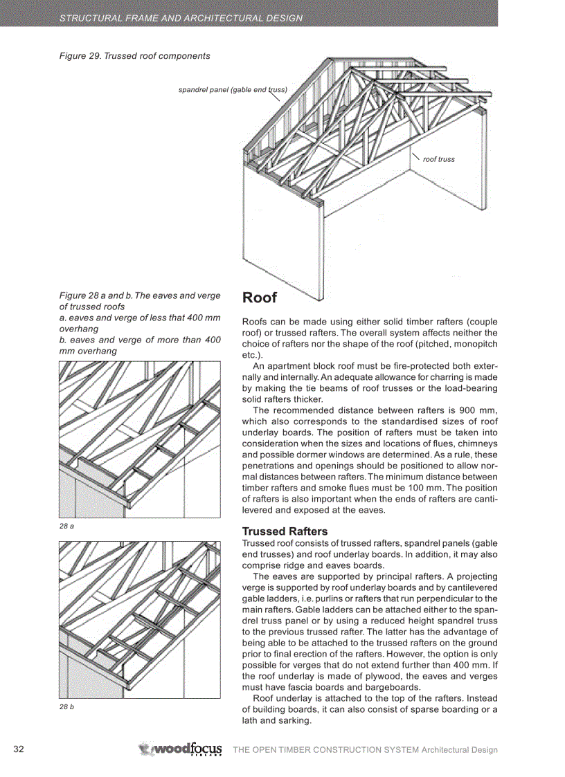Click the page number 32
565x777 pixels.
coord(19,749)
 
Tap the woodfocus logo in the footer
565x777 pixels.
coord(181,749)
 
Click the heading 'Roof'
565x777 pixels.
coord(259,298)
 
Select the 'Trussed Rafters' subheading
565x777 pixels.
coord(285,531)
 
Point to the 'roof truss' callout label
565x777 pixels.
coord(439,159)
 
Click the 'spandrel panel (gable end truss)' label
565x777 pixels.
coord(232,90)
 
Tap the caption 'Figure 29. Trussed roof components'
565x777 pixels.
coord(134,56)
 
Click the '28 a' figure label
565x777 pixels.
coord(66,527)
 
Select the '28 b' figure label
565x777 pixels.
coord(66,706)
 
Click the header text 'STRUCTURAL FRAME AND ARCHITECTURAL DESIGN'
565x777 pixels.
coord(181,18)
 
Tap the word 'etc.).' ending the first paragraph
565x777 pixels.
coord(253,354)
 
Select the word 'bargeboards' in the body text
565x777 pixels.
coord(391,687)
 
